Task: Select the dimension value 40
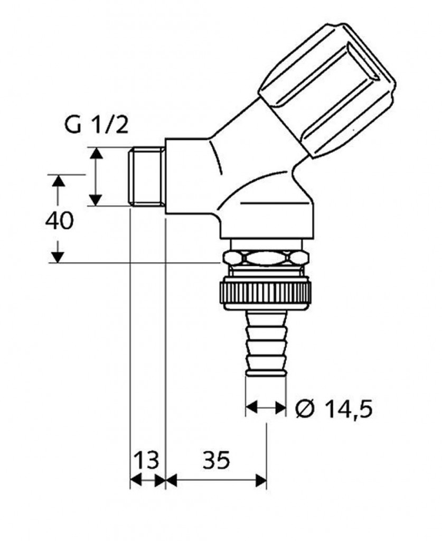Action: pos(59,221)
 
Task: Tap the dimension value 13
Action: pos(146,461)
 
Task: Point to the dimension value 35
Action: pos(216,461)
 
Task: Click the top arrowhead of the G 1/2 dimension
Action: pos(95,154)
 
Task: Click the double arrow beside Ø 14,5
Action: pos(266,408)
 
